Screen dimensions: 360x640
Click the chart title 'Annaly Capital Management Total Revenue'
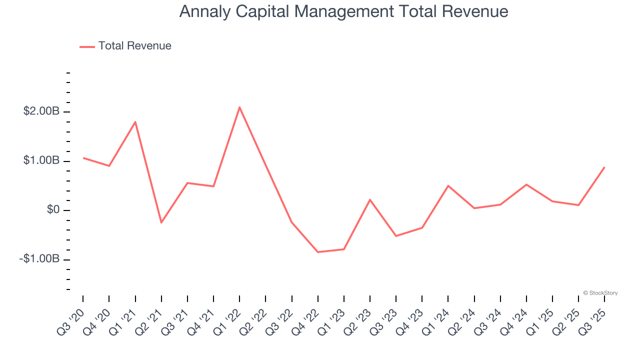pos(343,11)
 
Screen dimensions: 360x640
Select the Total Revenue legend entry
pos(125,46)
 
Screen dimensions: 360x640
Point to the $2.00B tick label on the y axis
pos(41,111)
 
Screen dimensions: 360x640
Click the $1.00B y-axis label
pos(41,160)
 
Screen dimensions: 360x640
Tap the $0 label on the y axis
pos(53,210)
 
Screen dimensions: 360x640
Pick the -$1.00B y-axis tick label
pos(39,259)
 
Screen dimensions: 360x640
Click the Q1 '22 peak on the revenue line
pos(239,107)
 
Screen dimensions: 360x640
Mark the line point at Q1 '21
pos(135,122)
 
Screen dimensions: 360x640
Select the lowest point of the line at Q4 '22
pos(317,252)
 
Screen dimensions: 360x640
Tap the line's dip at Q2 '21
pos(161,222)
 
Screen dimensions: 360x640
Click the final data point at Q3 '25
pos(604,167)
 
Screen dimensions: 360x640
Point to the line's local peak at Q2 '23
pos(370,199)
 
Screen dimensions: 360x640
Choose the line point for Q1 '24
pos(448,185)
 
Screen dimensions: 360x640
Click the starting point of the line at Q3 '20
pos(83,158)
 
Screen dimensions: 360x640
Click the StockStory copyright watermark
pos(600,293)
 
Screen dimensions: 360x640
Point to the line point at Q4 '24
pos(526,184)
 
